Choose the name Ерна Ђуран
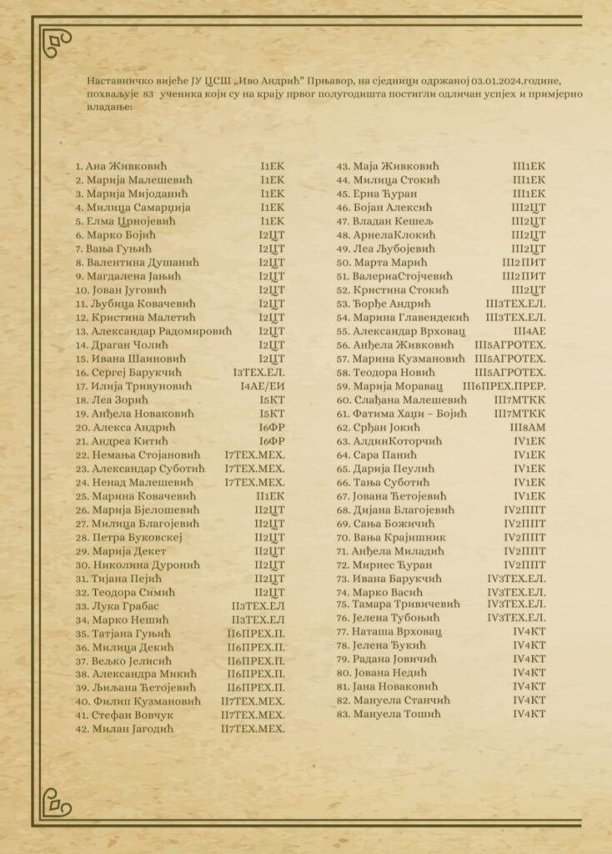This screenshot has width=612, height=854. click(392, 193)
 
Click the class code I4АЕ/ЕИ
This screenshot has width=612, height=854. click(262, 387)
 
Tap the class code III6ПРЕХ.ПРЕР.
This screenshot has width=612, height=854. click(504, 386)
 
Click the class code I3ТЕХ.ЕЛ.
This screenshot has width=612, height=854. click(259, 373)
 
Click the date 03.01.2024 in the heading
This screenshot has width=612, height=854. click(499, 81)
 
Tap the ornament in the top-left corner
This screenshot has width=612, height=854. click(58, 43)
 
